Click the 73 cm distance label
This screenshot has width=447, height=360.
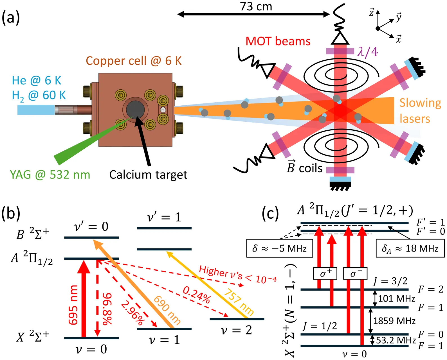(256, 6)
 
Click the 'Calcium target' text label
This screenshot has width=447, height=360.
(148, 175)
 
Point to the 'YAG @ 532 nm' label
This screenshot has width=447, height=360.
(50, 175)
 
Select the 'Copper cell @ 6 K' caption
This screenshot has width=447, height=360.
(134, 61)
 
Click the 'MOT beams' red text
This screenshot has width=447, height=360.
(278, 41)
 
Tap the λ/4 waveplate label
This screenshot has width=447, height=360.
(367, 52)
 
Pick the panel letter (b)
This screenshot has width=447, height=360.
(11, 214)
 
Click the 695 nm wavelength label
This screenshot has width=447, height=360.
(73, 305)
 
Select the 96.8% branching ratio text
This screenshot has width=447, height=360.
(107, 309)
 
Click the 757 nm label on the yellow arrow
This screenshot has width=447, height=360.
(239, 302)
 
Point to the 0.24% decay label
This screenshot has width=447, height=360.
(197, 295)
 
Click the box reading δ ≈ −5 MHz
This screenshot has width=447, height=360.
(279, 248)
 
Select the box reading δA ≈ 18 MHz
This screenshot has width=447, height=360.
(410, 248)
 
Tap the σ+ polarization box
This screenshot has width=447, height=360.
(325, 273)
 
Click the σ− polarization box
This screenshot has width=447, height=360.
(355, 273)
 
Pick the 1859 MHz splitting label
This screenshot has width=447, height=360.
(394, 321)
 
